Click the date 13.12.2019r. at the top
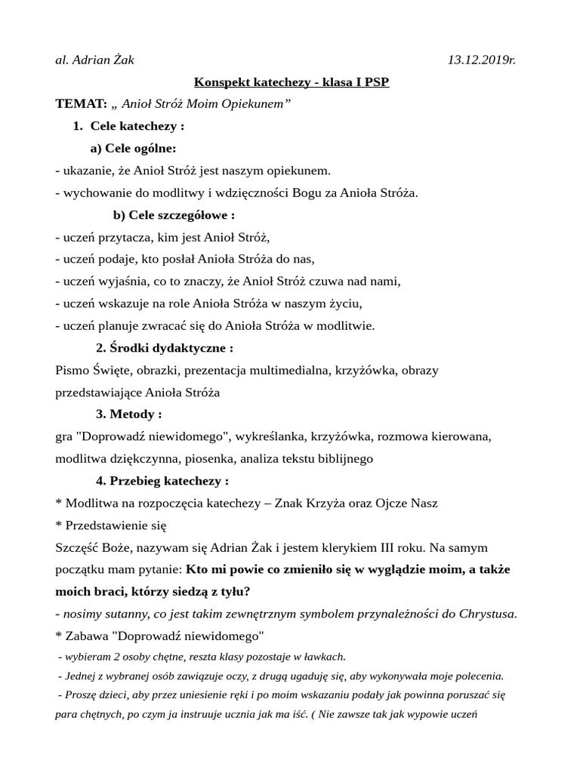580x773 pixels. (481, 60)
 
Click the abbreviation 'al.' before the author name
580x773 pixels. (62, 60)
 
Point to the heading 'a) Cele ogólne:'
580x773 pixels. (133, 148)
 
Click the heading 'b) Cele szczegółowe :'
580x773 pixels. (174, 215)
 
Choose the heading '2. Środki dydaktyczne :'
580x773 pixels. (164, 348)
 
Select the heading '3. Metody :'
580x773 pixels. (128, 414)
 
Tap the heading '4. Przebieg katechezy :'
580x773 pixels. (162, 481)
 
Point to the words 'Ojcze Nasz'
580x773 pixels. (409, 504)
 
